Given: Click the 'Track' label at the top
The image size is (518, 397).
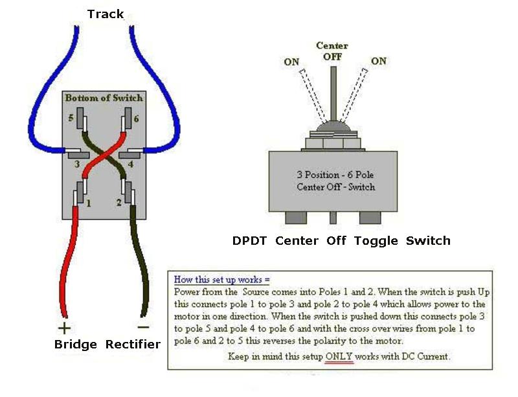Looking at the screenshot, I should click(105, 14).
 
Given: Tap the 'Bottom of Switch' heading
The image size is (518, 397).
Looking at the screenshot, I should click(104, 97).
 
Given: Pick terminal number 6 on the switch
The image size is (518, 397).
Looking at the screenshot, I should click(135, 119).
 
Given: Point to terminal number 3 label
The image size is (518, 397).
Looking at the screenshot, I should click(76, 164).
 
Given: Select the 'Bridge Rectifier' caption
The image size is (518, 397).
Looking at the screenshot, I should click(107, 344).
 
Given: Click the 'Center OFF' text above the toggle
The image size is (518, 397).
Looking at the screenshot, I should click(332, 51).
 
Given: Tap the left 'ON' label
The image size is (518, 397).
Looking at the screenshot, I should click(291, 62).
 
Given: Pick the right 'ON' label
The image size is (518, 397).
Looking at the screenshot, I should click(379, 61).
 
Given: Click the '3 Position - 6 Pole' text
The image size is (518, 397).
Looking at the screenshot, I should click(335, 175).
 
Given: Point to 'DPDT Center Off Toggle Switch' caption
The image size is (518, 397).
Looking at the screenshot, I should click(341, 241).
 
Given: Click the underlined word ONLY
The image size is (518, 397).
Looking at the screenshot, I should click(339, 356).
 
